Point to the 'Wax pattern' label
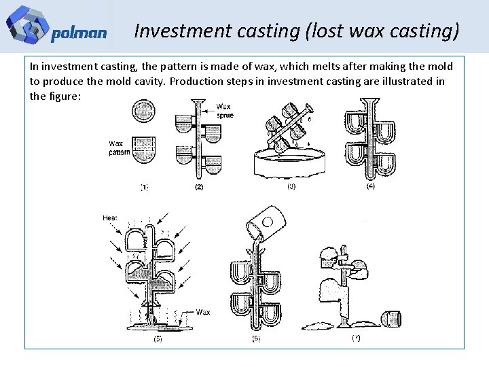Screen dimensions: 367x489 click(119, 147)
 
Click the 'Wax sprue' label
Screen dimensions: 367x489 click(225, 111)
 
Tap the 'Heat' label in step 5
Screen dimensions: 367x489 click(110, 217)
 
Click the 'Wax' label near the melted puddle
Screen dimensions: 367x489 click(202, 312)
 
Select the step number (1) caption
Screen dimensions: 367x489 click(145, 186)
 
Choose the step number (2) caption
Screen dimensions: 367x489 click(198, 186)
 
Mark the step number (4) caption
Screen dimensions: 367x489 click(370, 186)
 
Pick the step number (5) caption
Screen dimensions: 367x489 click(158, 338)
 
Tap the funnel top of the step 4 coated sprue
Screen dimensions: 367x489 click(369, 104)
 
